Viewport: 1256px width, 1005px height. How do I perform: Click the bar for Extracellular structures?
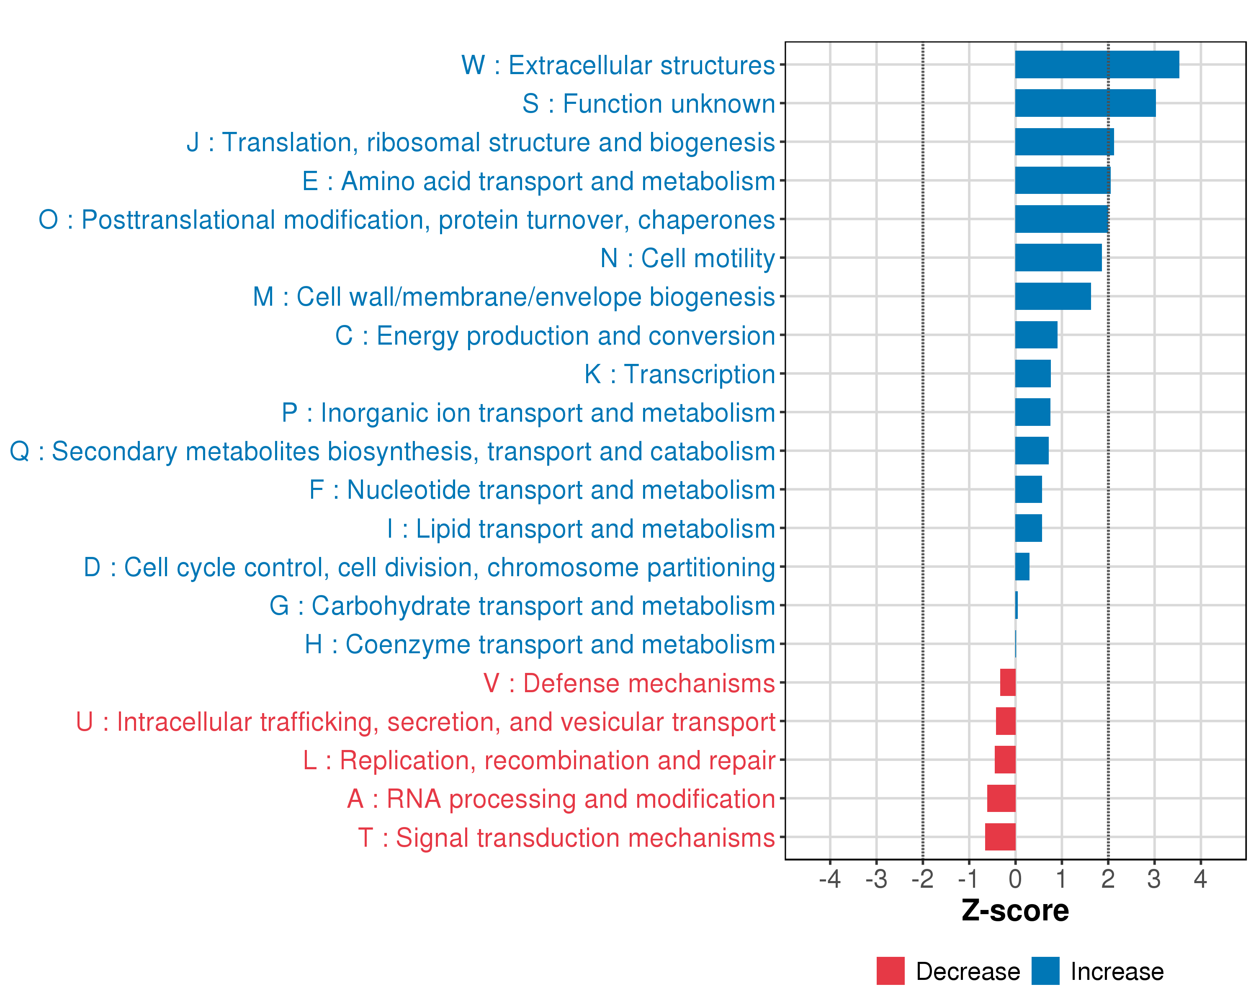tap(1097, 64)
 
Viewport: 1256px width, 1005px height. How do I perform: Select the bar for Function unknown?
tap(1085, 103)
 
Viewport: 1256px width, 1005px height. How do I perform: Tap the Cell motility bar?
tap(1058, 258)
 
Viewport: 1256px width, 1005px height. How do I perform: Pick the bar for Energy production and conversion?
tap(1036, 335)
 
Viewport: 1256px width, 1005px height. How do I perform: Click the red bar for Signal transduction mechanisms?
tap(1000, 837)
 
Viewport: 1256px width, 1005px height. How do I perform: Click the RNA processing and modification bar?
tap(1001, 798)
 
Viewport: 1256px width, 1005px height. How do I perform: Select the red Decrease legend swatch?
tap(890, 971)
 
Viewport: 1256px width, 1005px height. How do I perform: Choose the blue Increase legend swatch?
tap(1045, 971)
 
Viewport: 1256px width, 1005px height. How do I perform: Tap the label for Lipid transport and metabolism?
tap(581, 529)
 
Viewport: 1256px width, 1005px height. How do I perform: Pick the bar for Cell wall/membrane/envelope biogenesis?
tap(1053, 296)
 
